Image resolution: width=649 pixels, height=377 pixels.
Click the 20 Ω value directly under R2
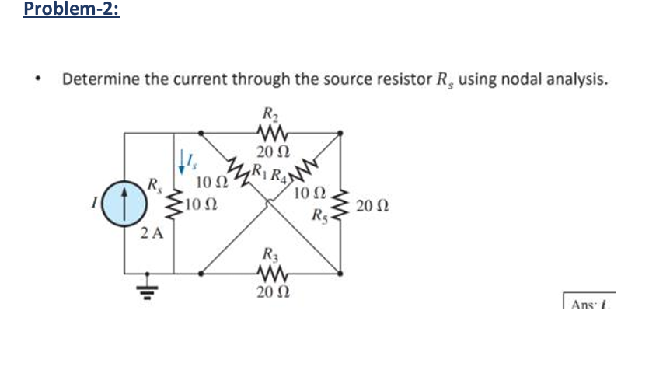(x=268, y=152)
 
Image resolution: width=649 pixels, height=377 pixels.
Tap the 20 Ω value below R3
(x=268, y=292)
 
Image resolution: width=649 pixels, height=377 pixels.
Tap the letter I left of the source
(x=94, y=205)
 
